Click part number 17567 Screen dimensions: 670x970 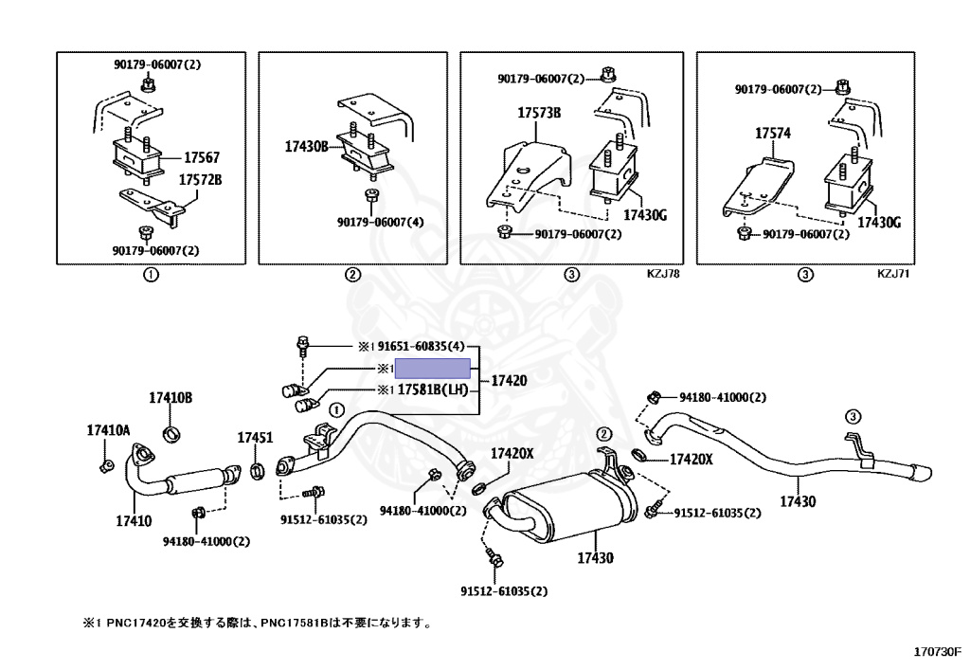tap(202, 157)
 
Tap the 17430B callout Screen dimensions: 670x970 tap(307, 147)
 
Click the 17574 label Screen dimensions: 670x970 tap(772, 135)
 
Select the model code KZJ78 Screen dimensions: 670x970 tap(663, 274)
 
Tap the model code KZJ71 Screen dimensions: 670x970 tap(892, 274)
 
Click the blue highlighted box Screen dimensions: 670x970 tap(432, 369)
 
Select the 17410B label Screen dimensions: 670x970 tap(171, 398)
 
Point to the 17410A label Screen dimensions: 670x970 tap(108, 430)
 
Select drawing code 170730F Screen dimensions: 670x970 tap(937, 652)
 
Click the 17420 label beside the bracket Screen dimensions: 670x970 tap(510, 379)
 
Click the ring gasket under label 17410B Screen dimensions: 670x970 tap(171, 434)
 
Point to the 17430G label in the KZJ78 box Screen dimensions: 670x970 tap(648, 215)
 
